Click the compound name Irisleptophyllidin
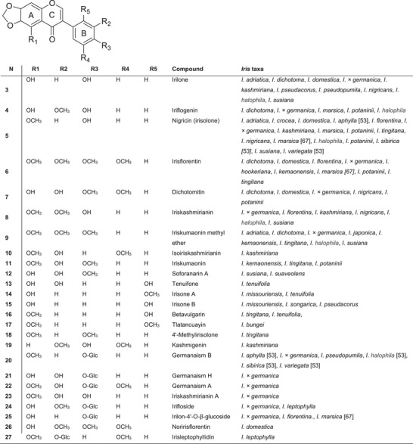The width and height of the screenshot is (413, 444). coord(196,436)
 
